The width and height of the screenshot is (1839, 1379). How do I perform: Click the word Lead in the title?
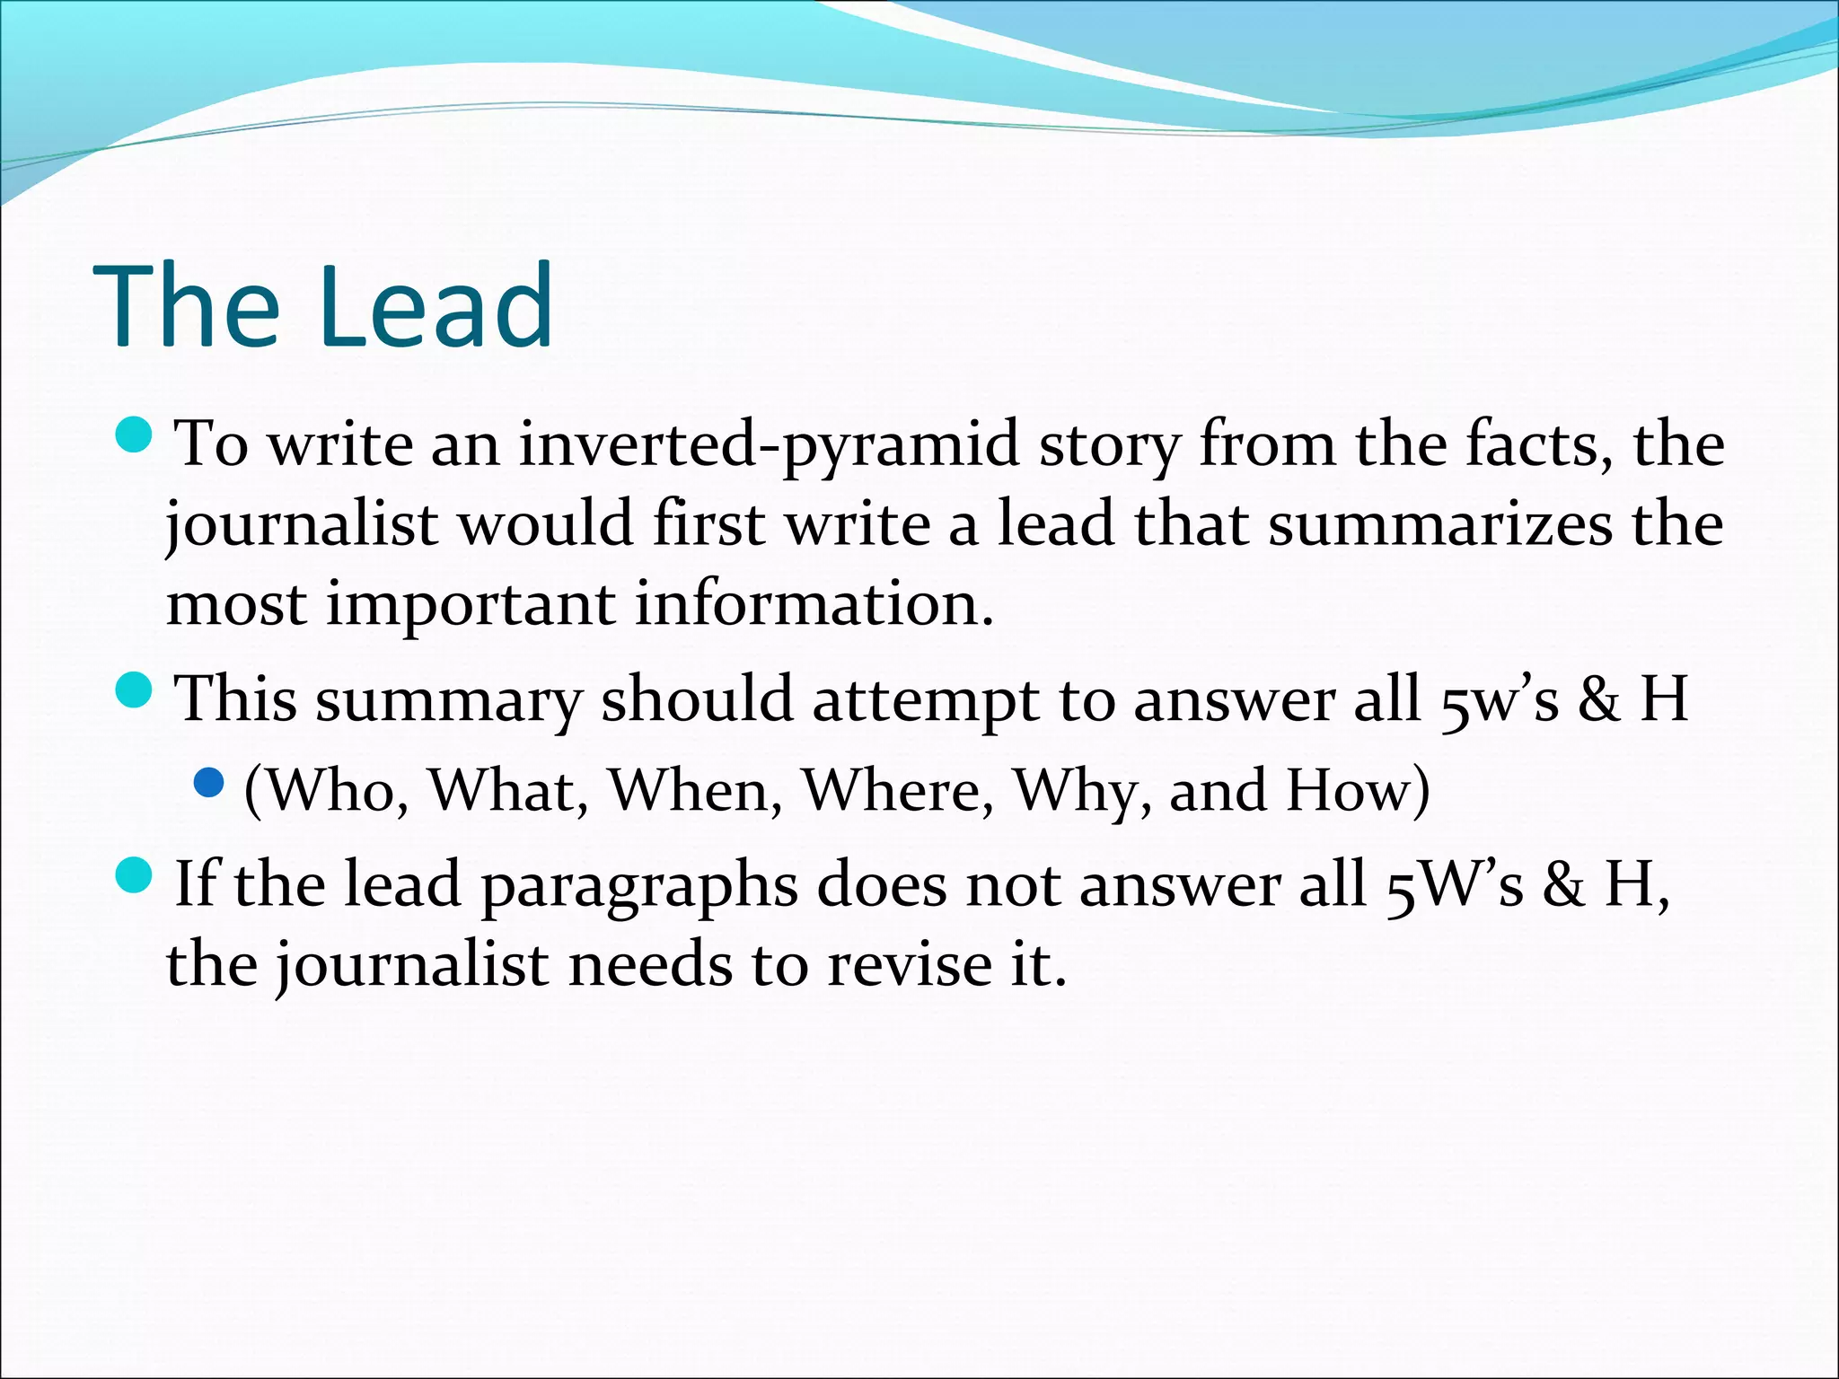pyautogui.click(x=435, y=307)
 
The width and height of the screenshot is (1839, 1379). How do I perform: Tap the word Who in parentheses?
pyautogui.click(x=332, y=791)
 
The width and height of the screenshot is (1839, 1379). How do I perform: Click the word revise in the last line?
pyautogui.click(x=908, y=964)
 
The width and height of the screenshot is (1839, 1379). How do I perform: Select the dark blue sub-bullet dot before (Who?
pyautogui.click(x=208, y=783)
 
